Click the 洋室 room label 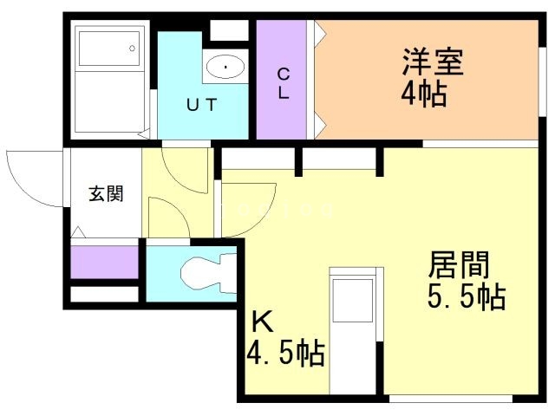click(x=433, y=62)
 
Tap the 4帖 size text click(x=424, y=94)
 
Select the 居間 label click(x=459, y=264)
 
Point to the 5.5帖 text click(x=467, y=297)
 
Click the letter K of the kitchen click(x=262, y=322)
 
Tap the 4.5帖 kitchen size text click(x=285, y=353)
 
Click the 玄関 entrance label click(x=106, y=193)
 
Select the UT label click(x=201, y=104)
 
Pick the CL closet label click(x=284, y=83)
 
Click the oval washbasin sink click(x=225, y=67)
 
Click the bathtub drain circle click(x=133, y=49)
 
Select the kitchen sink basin click(x=353, y=301)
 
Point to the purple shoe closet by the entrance click(x=104, y=262)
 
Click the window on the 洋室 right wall click(x=542, y=81)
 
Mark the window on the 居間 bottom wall click(x=451, y=399)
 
